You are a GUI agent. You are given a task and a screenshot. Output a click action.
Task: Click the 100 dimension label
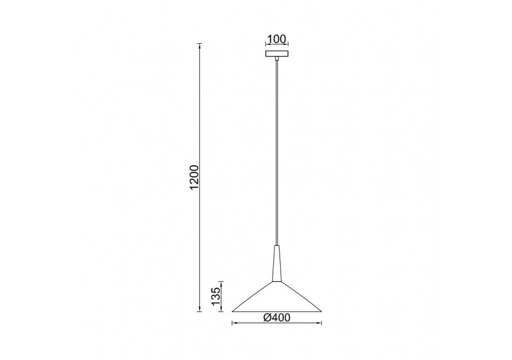coord(277,39)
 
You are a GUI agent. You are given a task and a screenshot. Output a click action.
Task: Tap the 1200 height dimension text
coord(195,178)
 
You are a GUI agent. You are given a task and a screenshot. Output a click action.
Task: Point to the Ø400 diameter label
coord(278,317)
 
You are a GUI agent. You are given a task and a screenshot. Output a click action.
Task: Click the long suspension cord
coord(277,154)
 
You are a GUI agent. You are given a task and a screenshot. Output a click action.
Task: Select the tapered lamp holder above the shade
coord(277,264)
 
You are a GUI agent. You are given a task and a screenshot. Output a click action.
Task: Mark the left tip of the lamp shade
coord(233,310)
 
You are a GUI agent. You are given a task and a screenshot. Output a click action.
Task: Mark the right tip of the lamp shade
coord(323,310)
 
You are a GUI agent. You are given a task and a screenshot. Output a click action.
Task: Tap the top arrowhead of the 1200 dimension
coord(199,46)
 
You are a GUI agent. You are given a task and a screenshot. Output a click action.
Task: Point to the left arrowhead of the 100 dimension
coord(266,46)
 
